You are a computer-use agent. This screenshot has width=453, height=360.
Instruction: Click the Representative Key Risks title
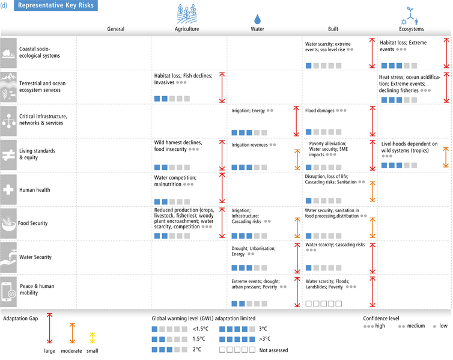[x=56, y=5]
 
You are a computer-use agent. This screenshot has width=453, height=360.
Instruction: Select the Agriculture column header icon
[x=187, y=14]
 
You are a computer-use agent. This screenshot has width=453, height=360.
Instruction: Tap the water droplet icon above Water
[x=257, y=19]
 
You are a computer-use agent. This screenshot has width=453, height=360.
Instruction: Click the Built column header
[x=333, y=29]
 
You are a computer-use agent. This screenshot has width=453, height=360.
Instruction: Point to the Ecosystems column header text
[x=412, y=29]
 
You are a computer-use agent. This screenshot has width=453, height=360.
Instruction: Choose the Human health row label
[x=35, y=190]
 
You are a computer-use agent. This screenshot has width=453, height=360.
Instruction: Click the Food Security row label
[x=32, y=223]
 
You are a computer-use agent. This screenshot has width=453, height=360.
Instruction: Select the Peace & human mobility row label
[x=37, y=289]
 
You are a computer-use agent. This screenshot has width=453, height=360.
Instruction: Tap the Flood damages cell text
[x=320, y=111]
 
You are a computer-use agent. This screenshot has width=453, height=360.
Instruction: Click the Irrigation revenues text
[x=249, y=145]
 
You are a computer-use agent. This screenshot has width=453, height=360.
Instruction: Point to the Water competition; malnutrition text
[x=175, y=181]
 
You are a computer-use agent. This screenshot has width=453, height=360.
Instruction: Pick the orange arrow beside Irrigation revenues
[x=297, y=159]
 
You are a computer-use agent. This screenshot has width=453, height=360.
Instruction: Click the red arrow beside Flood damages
[x=372, y=121]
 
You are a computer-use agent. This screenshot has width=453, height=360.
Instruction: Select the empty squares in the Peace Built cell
[x=324, y=304]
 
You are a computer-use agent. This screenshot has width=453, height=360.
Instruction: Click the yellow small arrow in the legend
[x=92, y=338]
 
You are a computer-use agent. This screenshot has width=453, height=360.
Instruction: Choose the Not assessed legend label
[x=273, y=350]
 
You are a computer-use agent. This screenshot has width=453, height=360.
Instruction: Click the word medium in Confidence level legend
[x=416, y=326]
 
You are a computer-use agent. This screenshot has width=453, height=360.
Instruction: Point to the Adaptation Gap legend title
[x=20, y=319]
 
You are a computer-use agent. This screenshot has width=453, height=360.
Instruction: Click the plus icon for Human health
[x=8, y=190]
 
